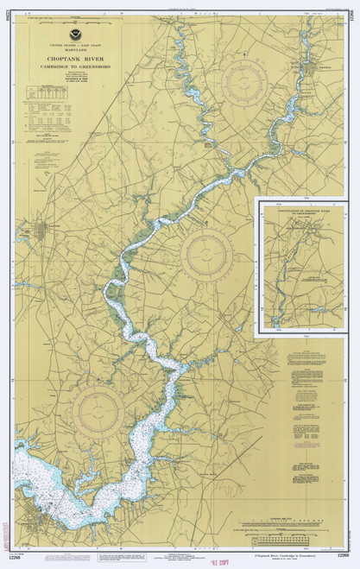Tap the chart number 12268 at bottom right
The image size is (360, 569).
tap(343, 554)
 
